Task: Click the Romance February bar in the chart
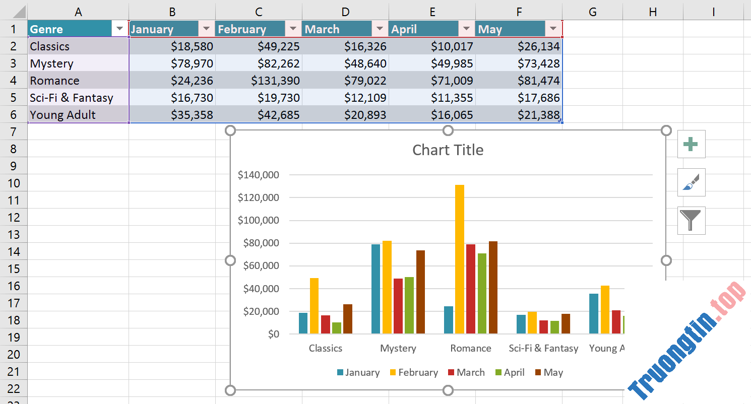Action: click(459, 259)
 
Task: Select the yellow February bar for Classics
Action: click(314, 305)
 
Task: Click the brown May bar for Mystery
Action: click(420, 292)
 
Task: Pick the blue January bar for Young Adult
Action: click(594, 313)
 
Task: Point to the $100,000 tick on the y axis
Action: click(258, 220)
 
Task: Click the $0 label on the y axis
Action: click(273, 334)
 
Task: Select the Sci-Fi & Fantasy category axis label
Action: click(543, 349)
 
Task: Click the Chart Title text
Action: click(448, 150)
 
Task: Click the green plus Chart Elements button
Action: click(691, 145)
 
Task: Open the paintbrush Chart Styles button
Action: click(691, 182)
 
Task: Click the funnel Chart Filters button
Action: click(691, 221)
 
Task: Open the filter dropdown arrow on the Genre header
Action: click(119, 29)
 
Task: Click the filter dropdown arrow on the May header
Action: click(553, 29)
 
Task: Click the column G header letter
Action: click(592, 12)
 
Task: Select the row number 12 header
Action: click(14, 217)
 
